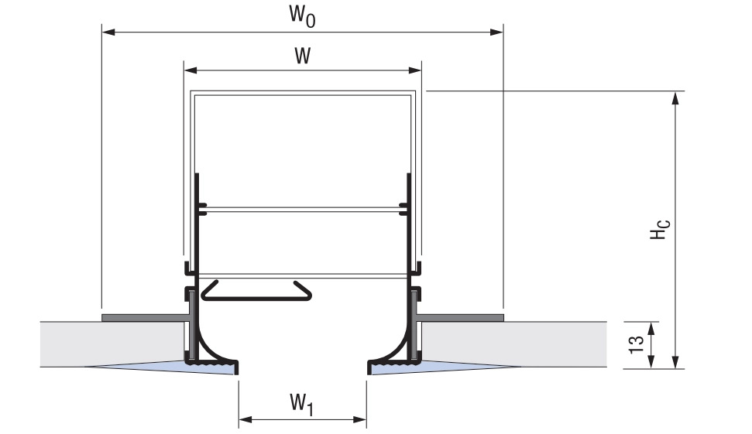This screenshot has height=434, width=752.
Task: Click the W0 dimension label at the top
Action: point(302,15)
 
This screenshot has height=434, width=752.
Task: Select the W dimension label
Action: point(303,56)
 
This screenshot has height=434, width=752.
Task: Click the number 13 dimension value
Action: point(636,344)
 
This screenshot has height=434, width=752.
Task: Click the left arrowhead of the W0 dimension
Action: point(108,32)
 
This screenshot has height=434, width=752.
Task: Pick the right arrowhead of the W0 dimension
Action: point(496,32)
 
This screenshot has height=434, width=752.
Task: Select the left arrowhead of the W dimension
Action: point(191,70)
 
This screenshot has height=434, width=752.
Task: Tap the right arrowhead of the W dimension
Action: point(414,70)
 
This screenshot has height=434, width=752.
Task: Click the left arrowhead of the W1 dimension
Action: point(246,419)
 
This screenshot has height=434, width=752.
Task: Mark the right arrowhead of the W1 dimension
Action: point(359,419)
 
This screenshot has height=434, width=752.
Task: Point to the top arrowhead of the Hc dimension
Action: point(675,97)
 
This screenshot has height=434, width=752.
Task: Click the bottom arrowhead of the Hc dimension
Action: point(675,362)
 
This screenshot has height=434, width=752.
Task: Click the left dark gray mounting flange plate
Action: point(144,318)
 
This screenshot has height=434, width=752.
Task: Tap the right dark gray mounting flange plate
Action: point(460,318)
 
